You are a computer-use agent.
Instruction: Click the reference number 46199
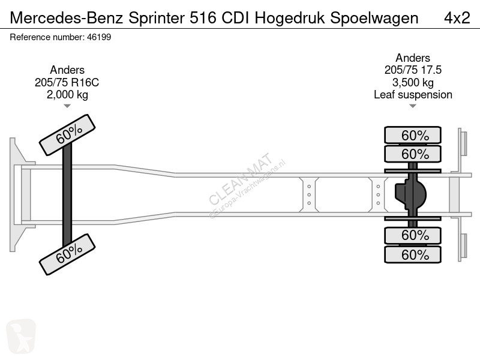(99, 37)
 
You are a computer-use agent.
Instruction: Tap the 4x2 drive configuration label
(457, 18)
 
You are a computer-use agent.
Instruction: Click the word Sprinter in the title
(157, 19)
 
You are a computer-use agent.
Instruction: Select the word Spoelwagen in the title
(374, 19)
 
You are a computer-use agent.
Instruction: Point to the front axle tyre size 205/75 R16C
(67, 82)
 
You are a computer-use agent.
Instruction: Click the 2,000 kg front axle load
(67, 95)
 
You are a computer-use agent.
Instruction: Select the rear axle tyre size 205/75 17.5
(413, 70)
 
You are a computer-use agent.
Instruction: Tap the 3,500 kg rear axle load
(413, 82)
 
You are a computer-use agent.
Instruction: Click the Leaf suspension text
(413, 95)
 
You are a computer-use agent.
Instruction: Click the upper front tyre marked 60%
(67, 135)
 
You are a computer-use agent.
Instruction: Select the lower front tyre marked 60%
(67, 254)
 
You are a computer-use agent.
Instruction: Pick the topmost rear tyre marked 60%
(413, 135)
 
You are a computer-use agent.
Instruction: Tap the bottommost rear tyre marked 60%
(413, 254)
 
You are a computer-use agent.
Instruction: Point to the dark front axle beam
(67, 194)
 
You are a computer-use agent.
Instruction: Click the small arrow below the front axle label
(67, 106)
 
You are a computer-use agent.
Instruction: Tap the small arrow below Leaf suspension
(413, 106)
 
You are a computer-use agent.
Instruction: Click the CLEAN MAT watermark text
(241, 179)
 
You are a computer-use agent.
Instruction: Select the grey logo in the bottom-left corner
(21, 336)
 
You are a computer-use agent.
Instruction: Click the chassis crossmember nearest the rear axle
(378, 194)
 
